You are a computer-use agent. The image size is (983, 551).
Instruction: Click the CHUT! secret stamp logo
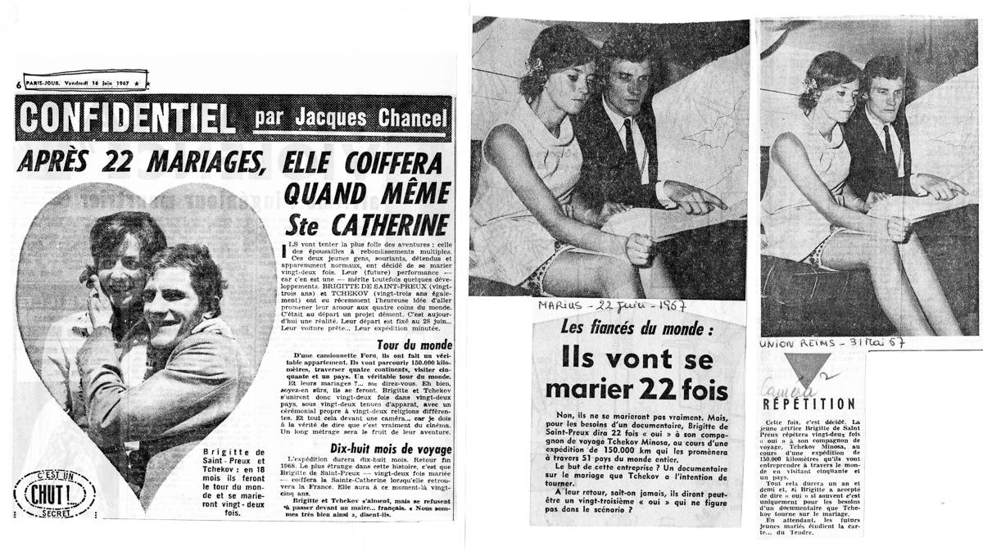(x=54, y=493)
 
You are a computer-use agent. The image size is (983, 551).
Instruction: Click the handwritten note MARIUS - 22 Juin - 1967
(x=609, y=306)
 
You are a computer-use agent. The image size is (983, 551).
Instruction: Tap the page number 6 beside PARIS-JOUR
(x=19, y=84)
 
